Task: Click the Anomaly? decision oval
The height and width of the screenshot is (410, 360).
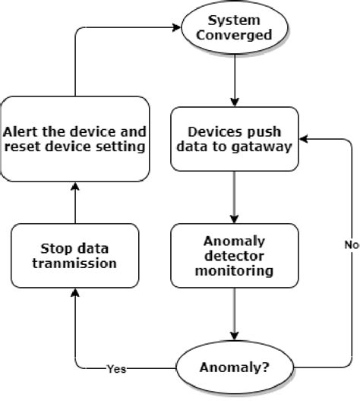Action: [234, 370]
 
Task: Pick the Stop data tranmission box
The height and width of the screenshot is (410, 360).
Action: [74, 256]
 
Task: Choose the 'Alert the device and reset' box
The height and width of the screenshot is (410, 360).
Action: [74, 138]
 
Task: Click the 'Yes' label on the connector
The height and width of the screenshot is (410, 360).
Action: [116, 371]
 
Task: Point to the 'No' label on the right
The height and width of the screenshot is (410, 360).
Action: [351, 245]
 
